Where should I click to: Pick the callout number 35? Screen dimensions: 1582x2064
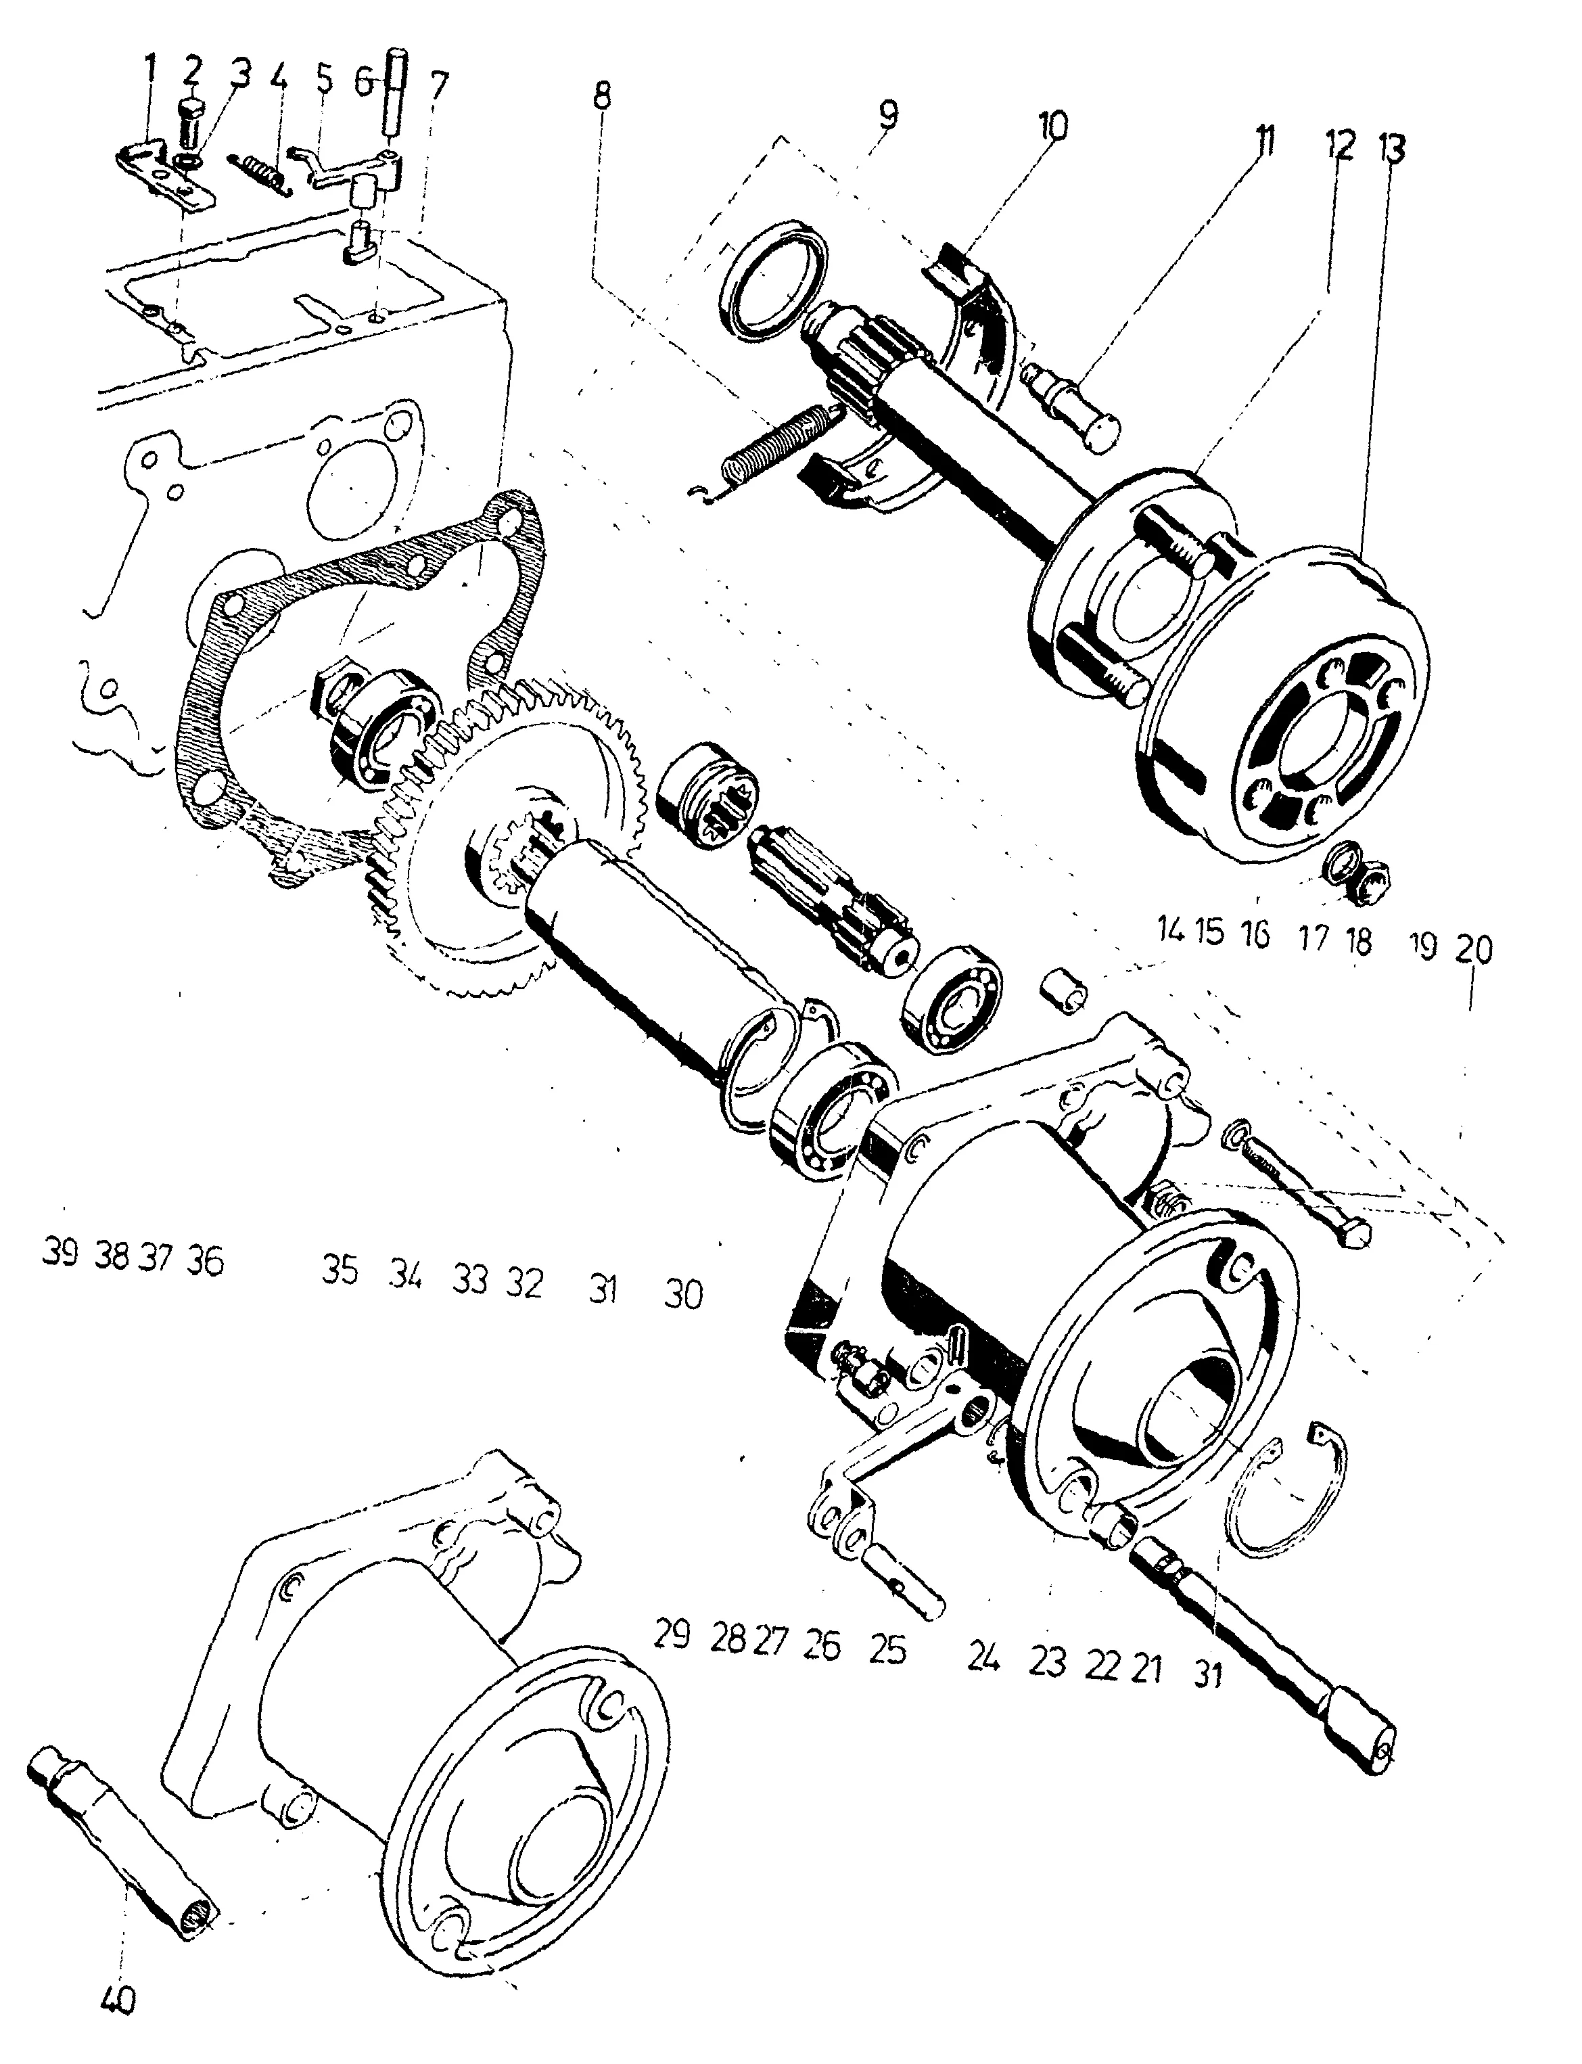(340, 1270)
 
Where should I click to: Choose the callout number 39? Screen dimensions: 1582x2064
(60, 1254)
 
